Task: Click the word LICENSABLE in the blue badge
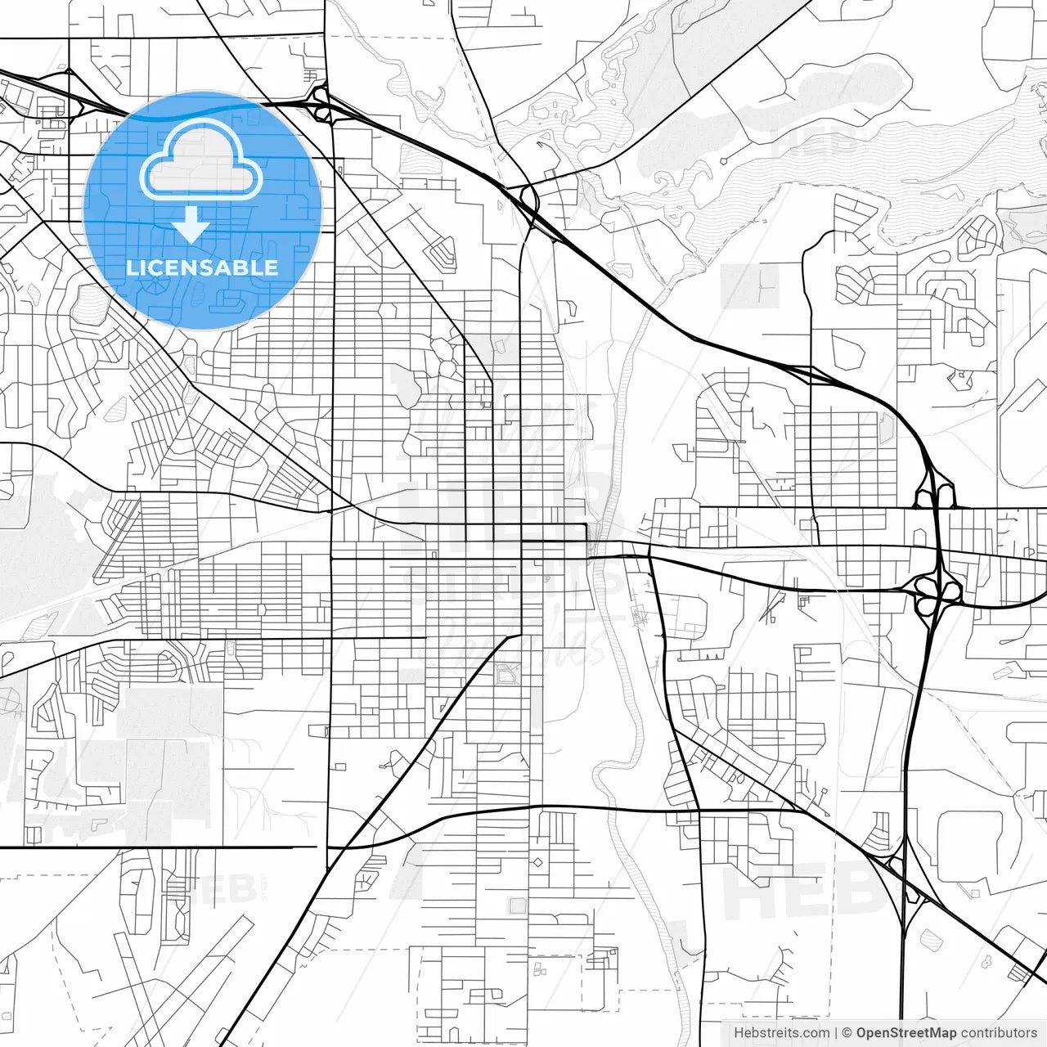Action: tap(202, 267)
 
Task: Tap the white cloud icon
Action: tap(200, 162)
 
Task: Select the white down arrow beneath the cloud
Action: tap(191, 224)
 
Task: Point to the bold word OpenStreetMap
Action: tap(906, 1033)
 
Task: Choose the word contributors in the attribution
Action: tap(999, 1033)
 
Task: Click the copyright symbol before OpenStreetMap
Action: tap(847, 1033)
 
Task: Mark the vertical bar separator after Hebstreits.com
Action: tap(836, 1033)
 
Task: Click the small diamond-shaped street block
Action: tap(537, 862)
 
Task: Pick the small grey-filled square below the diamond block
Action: tap(517, 905)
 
